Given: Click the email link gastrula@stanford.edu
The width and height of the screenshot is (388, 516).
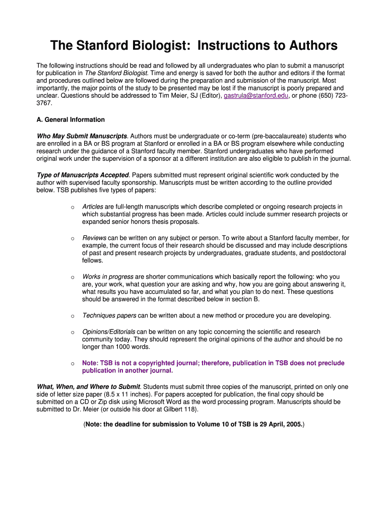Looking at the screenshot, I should (256, 95).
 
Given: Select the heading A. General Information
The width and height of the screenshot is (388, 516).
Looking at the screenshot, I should (71, 120).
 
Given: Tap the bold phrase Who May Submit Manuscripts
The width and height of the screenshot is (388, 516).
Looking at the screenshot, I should (82, 136).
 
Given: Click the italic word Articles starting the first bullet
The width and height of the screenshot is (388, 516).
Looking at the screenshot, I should (93, 207).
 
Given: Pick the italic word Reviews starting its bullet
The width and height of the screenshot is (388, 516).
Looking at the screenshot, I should (94, 238).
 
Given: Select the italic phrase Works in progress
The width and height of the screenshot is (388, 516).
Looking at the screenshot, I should (108, 277).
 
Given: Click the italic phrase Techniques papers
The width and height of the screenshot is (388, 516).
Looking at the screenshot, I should (109, 315).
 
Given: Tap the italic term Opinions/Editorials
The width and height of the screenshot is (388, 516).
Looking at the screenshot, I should (109, 332).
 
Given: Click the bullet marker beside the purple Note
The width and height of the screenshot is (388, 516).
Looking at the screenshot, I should (73, 363).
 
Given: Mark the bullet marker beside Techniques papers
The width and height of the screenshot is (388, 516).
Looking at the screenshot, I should (73, 316).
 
